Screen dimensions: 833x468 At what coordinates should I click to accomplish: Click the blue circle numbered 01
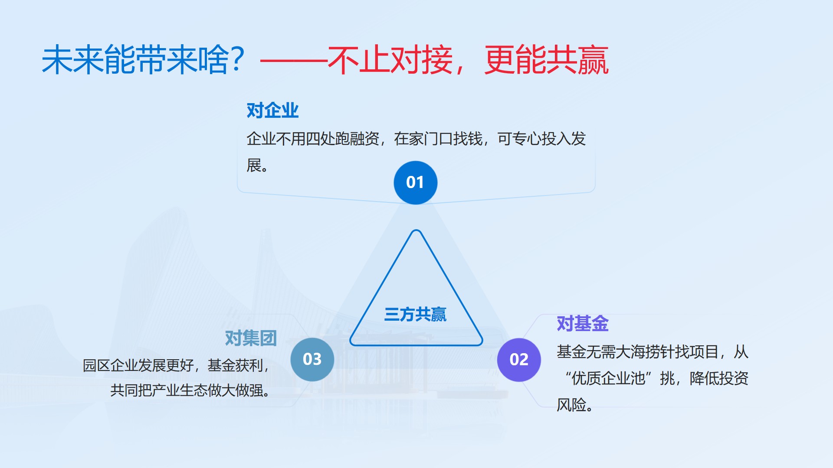415,182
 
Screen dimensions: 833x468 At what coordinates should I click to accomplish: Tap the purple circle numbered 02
519,360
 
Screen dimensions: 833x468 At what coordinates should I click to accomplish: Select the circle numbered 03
312,359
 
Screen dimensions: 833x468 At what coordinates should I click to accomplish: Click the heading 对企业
272,110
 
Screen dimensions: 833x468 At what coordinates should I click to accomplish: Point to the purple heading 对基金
583,324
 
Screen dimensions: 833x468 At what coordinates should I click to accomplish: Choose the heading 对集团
251,338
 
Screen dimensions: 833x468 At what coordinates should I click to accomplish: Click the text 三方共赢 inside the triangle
415,314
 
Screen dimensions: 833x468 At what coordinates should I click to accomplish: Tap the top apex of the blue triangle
416,230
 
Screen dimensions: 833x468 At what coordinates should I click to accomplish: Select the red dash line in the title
294,62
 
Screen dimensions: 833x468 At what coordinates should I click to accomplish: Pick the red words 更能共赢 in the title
547,60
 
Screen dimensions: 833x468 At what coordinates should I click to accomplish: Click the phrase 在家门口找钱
438,139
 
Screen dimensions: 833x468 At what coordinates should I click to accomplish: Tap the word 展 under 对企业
254,166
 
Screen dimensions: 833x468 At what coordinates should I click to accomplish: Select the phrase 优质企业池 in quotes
608,378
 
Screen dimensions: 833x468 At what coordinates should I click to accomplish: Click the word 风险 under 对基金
571,405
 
